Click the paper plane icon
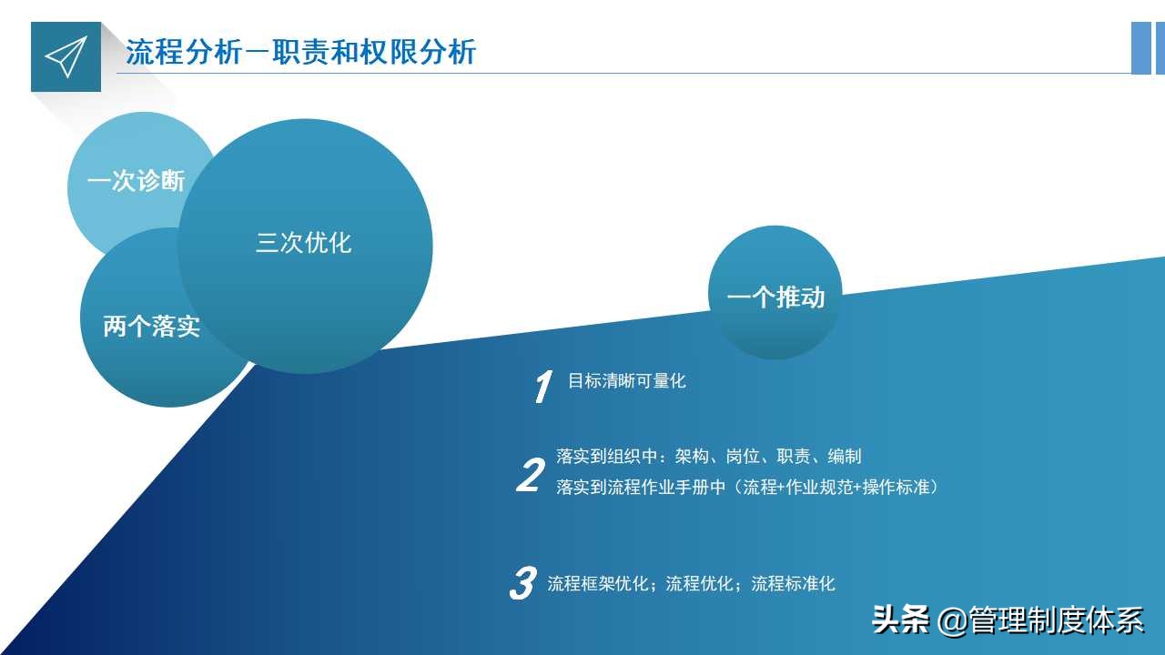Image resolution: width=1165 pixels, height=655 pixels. click(66, 57)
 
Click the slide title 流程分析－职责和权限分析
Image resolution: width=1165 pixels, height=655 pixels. click(300, 52)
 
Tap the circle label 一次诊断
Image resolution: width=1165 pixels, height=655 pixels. click(136, 181)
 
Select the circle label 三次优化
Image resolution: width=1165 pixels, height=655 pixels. click(304, 243)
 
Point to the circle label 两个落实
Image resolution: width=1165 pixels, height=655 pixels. click(151, 326)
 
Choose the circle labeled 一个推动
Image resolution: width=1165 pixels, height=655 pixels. click(775, 297)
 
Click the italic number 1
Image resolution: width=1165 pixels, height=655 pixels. click(542, 387)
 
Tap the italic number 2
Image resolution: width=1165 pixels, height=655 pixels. click(529, 476)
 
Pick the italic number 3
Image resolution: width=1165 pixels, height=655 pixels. click(522, 583)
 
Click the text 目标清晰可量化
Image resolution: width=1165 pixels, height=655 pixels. click(626, 381)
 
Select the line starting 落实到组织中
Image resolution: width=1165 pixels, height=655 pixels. click(708, 456)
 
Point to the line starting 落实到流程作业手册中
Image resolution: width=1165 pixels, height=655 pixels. click(746, 487)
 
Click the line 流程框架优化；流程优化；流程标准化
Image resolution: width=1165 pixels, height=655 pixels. click(691, 584)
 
